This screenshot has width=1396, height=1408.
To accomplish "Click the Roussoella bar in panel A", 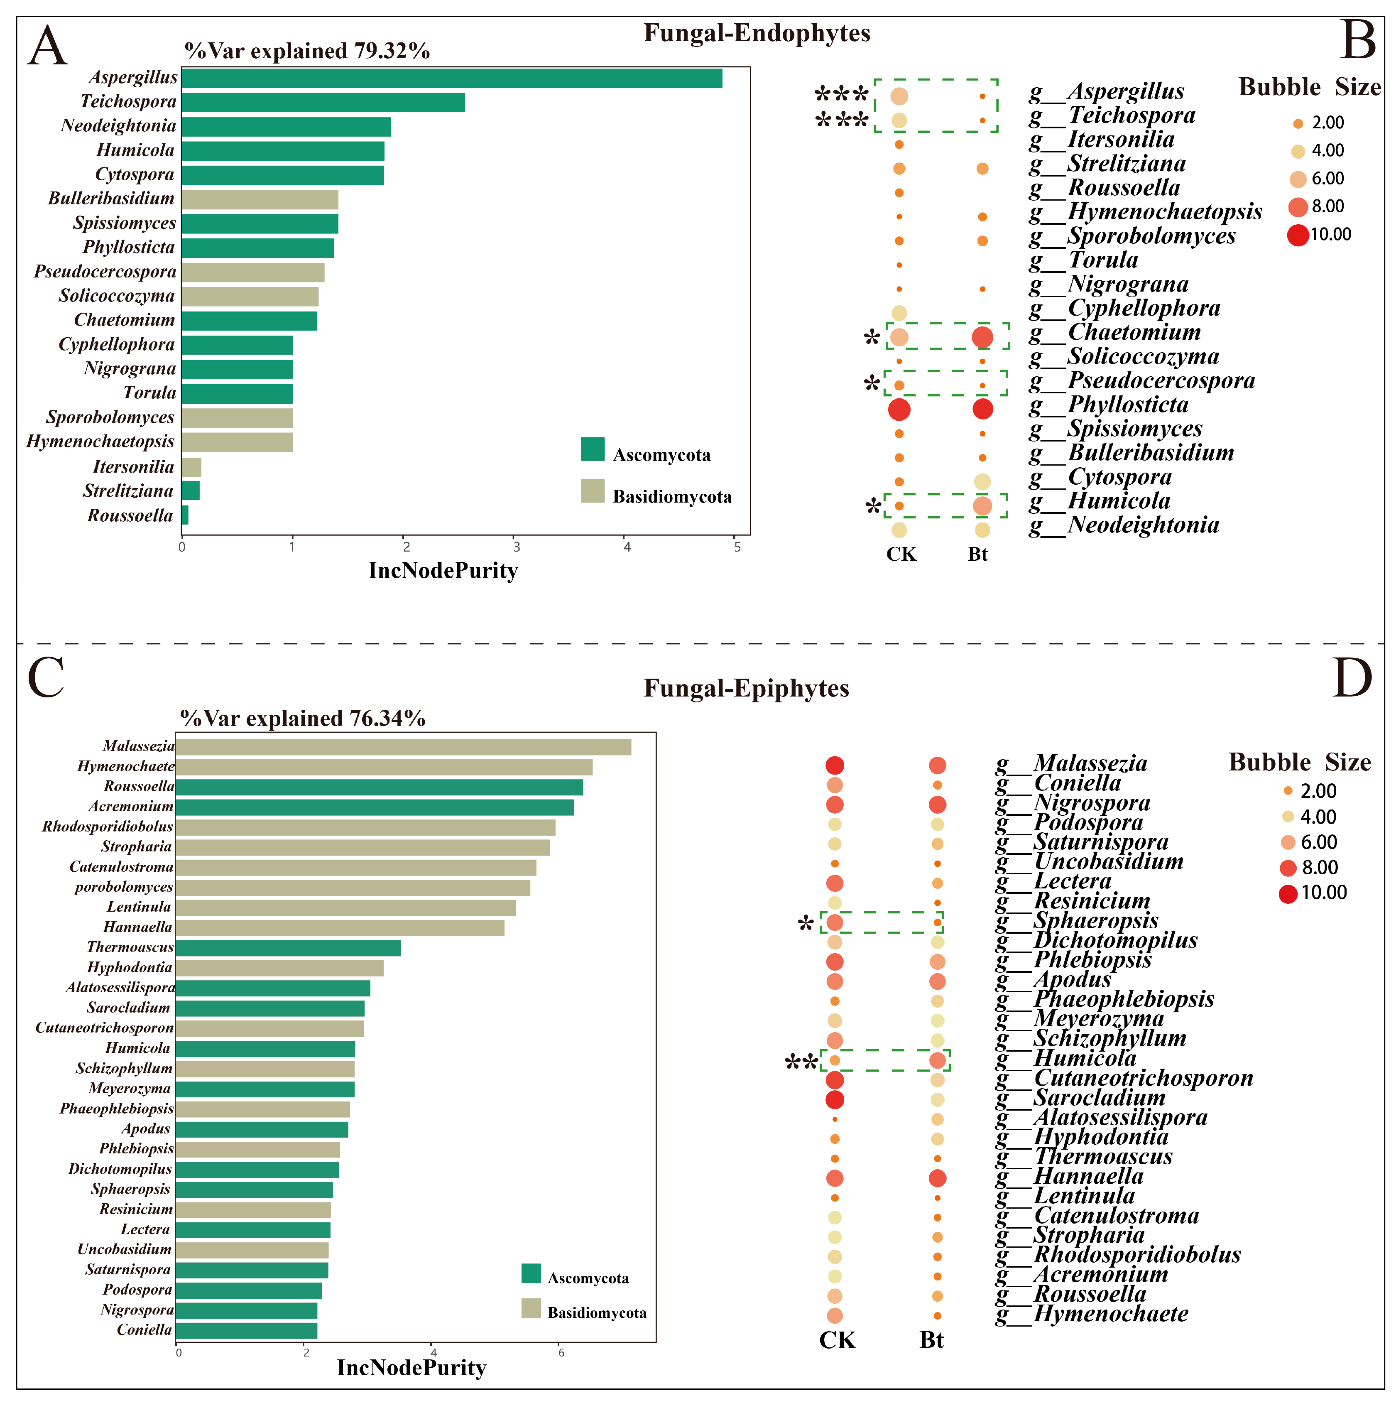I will (x=185, y=515).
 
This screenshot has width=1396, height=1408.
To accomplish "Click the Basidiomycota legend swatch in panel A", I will (x=593, y=491).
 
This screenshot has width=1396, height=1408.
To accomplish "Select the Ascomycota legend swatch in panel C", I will (x=531, y=1273).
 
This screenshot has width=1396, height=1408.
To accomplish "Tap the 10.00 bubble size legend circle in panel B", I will (x=1298, y=235).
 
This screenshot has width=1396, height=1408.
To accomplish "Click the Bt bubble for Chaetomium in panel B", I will (x=982, y=337).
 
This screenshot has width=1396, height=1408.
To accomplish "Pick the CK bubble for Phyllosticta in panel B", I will (x=899, y=410).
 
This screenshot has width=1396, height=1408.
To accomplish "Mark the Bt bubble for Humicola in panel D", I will (x=938, y=1060).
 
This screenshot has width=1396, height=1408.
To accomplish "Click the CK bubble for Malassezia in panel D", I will (x=835, y=765).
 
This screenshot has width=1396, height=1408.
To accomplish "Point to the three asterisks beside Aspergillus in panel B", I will (x=842, y=95).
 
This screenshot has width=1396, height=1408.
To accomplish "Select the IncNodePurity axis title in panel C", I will (x=411, y=1368).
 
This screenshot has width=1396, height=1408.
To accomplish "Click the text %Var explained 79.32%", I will (x=307, y=51).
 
